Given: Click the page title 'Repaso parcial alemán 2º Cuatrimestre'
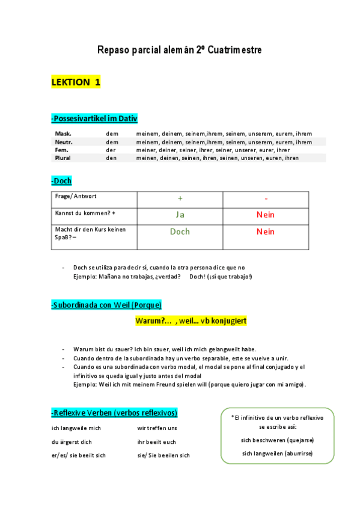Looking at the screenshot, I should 179,50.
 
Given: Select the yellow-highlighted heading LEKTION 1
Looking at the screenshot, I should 76,83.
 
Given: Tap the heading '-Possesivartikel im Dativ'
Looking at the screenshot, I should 94,119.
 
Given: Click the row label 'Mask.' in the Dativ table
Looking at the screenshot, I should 63,134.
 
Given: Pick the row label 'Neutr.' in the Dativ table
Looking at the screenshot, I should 64,142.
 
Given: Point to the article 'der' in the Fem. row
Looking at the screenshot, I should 111,150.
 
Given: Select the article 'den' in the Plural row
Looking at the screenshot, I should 111,158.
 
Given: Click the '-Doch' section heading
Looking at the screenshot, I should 62,180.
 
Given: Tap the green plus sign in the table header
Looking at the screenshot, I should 180,198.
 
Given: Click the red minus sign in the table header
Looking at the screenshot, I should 266,198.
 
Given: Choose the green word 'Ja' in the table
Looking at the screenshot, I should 180,215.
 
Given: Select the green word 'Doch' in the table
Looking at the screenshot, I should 180,232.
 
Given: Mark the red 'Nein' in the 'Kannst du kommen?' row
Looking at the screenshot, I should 266,215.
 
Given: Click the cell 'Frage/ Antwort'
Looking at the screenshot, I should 76,197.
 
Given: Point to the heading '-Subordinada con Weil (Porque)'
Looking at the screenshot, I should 106,305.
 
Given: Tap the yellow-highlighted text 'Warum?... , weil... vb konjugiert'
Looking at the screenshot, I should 190,321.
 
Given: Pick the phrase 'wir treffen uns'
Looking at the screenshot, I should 157,428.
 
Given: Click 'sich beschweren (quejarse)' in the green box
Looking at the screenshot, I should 277,440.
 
